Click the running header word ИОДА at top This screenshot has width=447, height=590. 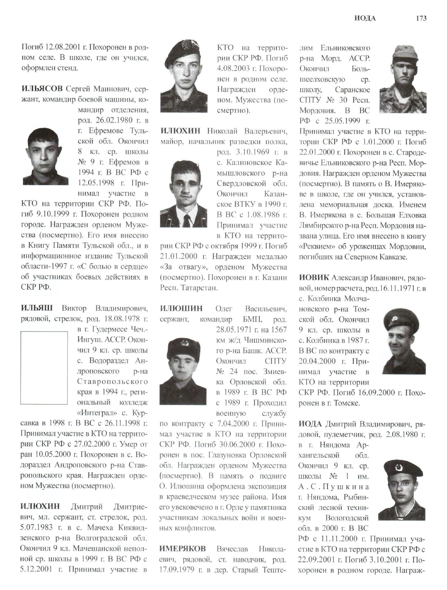pos(365,18)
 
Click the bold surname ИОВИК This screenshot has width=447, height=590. pos(314,278)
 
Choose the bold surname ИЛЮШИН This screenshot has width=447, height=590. pos(181,309)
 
